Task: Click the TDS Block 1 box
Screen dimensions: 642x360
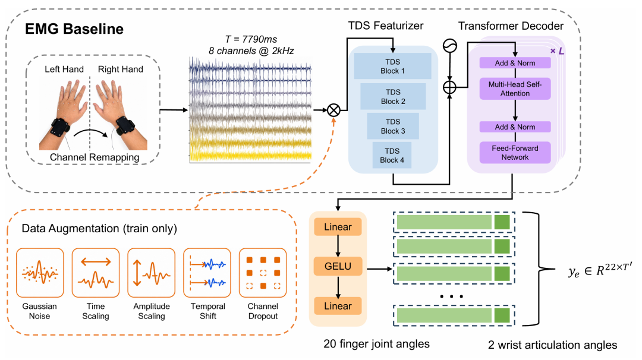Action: (392, 66)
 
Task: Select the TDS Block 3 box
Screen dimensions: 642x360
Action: (393, 126)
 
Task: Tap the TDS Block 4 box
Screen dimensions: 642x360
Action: (392, 156)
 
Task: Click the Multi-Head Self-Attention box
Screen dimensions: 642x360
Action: (515, 89)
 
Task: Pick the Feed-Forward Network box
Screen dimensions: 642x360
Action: (515, 153)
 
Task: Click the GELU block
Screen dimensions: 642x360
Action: (338, 266)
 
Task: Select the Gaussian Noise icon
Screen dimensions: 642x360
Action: (40, 273)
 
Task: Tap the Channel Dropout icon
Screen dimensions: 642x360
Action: (263, 273)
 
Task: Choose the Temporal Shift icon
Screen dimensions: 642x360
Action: (207, 273)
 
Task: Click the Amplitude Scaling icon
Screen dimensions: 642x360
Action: (152, 273)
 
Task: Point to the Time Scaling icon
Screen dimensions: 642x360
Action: (96, 273)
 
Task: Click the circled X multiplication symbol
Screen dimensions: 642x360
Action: (333, 110)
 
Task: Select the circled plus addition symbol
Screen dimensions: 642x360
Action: (449, 87)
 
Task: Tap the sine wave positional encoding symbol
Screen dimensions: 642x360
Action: (450, 46)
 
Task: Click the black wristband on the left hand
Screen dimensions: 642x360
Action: (60, 127)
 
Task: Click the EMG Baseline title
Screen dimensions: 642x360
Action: (74, 29)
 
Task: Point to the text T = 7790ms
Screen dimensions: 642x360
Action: (251, 39)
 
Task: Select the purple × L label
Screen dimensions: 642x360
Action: (557, 51)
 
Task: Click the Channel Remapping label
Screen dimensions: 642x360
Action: (95, 157)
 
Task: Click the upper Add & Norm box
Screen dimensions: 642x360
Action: (515, 63)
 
